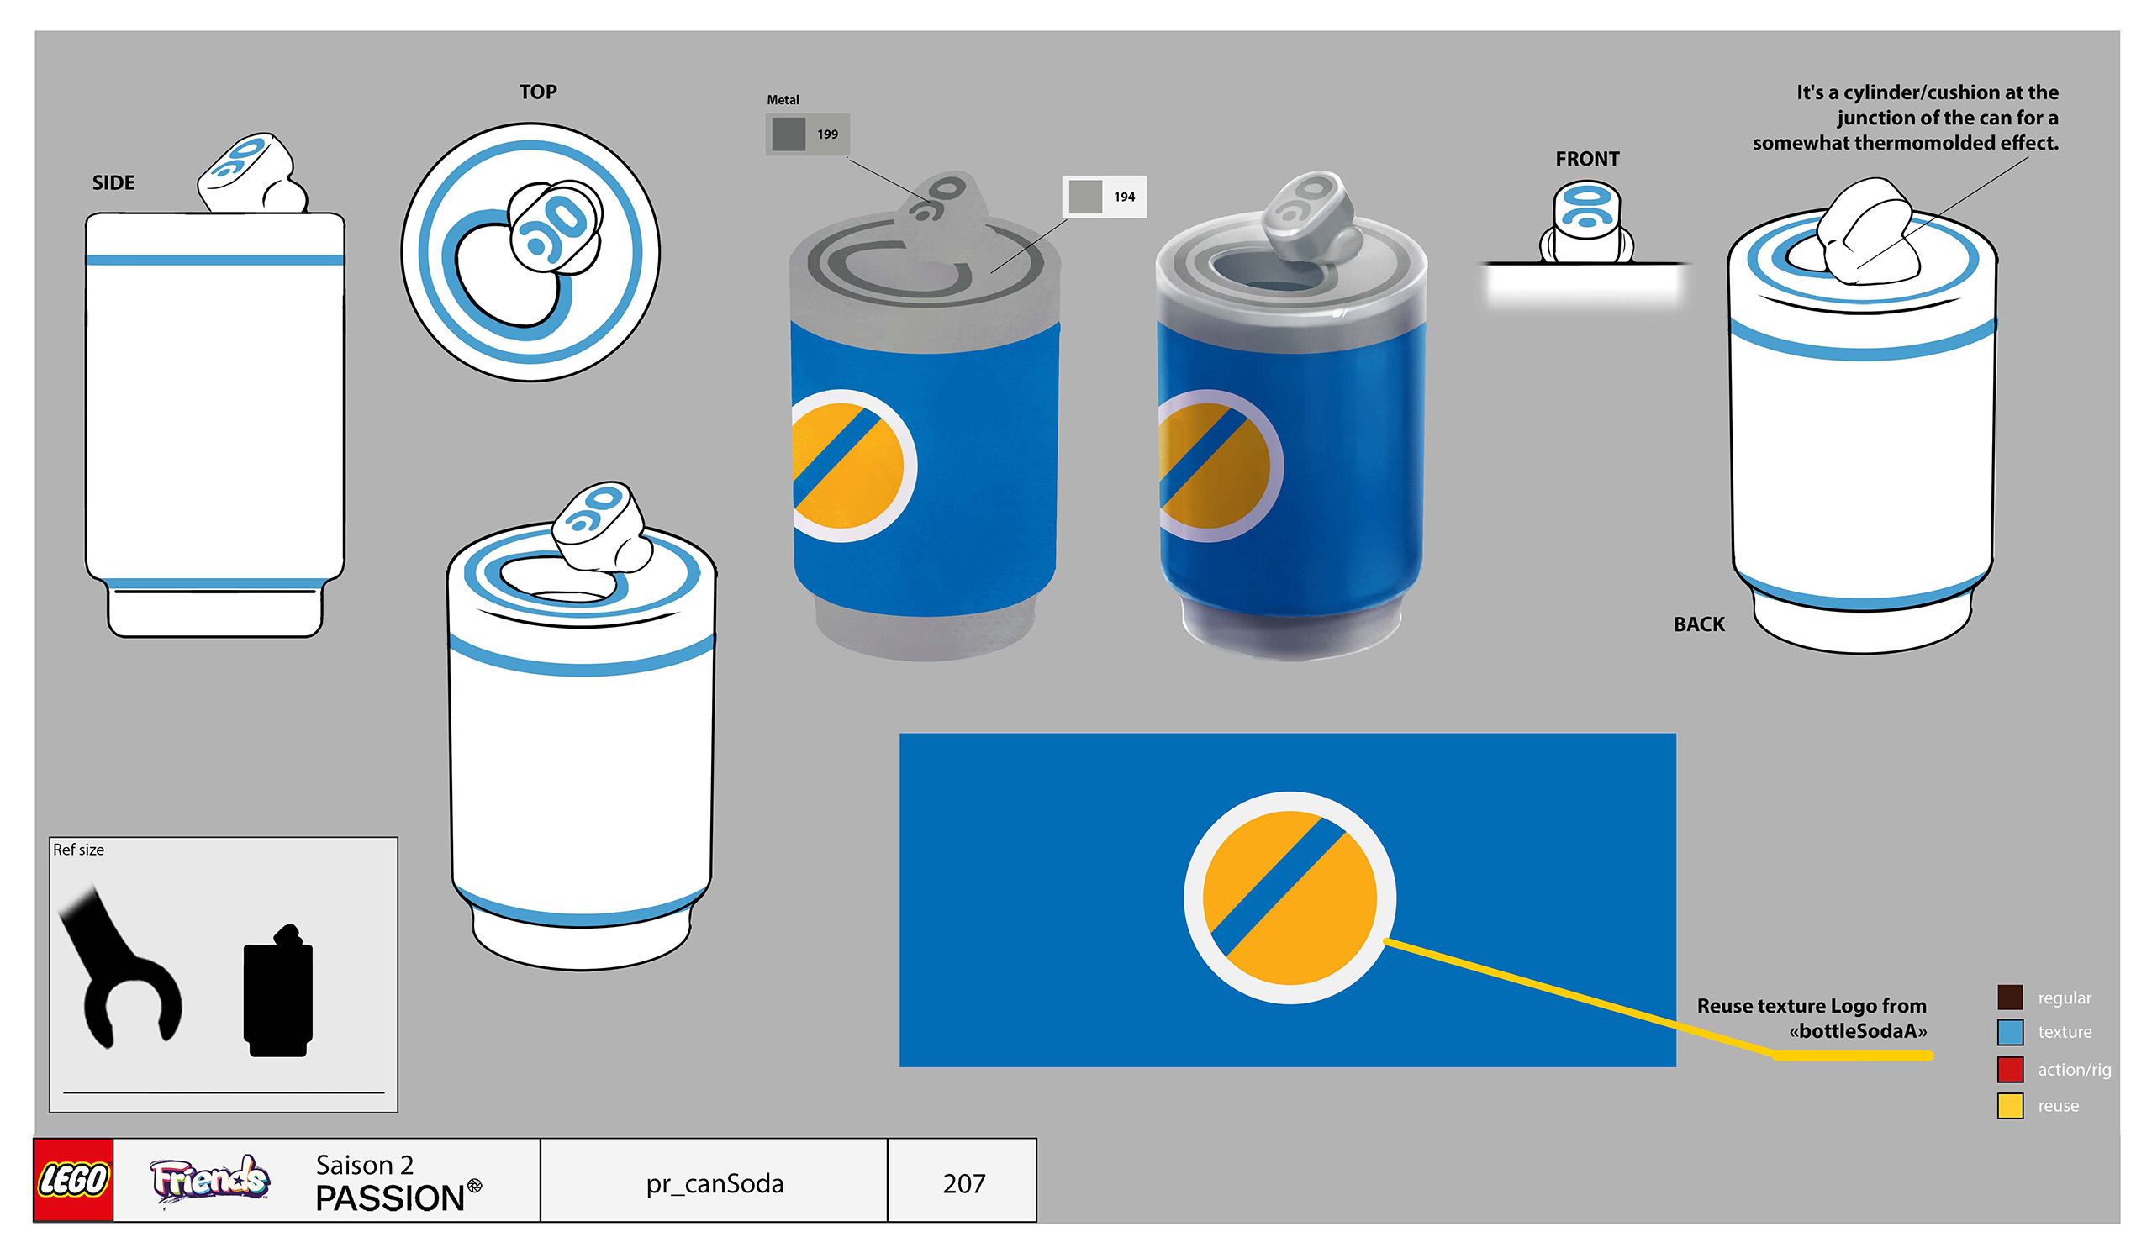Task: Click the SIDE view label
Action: coord(113,182)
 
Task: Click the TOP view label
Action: coord(538,92)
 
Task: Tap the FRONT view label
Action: coord(1586,159)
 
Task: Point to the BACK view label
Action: coord(1699,624)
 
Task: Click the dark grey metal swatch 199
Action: coord(789,134)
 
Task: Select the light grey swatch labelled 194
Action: coord(1085,197)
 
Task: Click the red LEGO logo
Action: coord(73,1180)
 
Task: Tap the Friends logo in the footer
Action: coord(210,1181)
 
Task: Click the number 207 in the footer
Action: coord(963,1183)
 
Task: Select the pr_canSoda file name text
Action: coord(715,1183)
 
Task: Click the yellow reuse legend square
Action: coord(2009,1105)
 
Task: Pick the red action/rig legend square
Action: coord(2009,1069)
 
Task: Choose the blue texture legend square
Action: coord(2009,1032)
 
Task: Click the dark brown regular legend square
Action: coord(2009,996)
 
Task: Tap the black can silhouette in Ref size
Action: coord(278,994)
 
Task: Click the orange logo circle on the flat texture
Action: coord(1290,897)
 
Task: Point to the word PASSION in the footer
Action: coord(390,1198)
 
